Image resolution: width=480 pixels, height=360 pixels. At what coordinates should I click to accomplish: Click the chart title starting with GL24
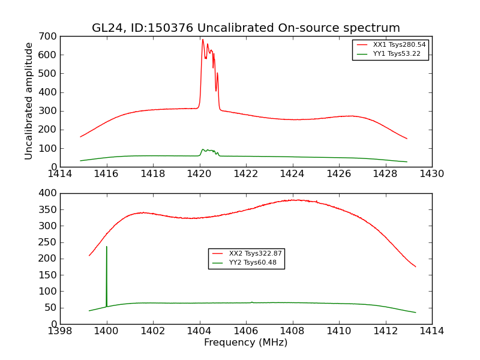point(245,28)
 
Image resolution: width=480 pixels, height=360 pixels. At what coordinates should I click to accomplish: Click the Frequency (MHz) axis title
point(245,343)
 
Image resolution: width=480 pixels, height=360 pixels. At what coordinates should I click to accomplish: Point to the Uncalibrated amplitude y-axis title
point(29,101)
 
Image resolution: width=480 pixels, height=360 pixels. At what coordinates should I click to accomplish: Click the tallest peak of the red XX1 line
point(203,40)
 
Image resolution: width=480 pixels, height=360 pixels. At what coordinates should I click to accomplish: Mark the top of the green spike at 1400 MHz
point(107,247)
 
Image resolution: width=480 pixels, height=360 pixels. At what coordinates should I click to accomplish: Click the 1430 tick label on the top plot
point(431,174)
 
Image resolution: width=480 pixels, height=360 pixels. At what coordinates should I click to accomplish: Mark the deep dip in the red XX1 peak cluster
point(216,91)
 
